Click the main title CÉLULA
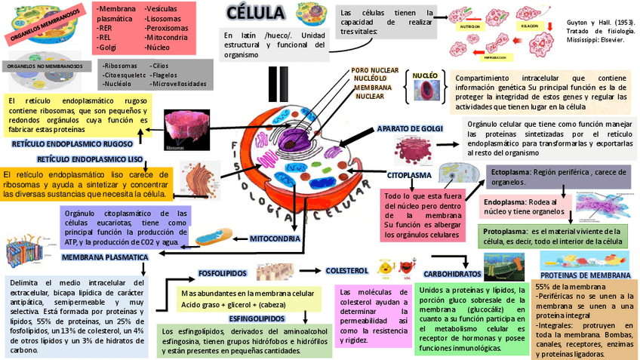(x=257, y=14)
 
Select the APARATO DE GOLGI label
(x=409, y=129)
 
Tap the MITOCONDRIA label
(x=275, y=238)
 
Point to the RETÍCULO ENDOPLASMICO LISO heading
(x=90, y=159)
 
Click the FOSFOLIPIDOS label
(x=222, y=272)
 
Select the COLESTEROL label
(x=346, y=270)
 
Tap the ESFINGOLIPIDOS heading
(x=257, y=318)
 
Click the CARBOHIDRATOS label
(x=452, y=273)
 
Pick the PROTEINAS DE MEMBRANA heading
(x=586, y=275)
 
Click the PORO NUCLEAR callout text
(x=375, y=70)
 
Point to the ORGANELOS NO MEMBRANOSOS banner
(x=45, y=66)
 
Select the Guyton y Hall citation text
(x=600, y=31)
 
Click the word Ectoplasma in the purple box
(x=509, y=172)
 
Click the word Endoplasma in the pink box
(x=503, y=202)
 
